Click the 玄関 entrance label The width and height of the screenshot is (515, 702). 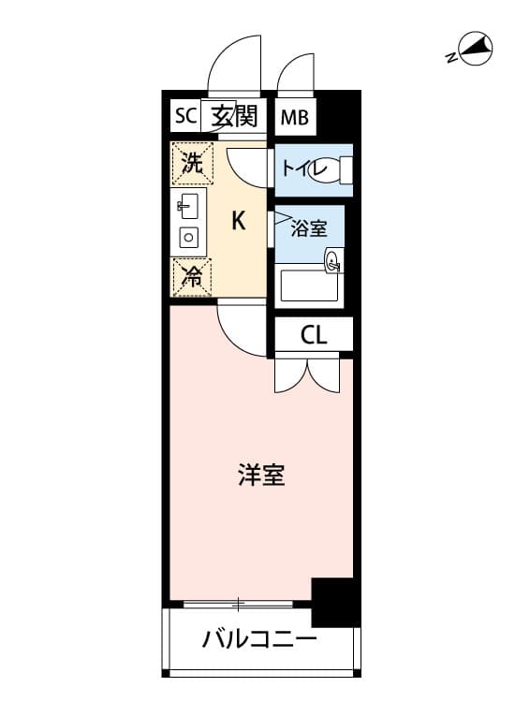coord(234,116)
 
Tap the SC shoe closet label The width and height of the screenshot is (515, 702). coord(185,116)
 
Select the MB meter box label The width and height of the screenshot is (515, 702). coord(295,118)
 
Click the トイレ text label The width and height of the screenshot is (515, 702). coord(304,169)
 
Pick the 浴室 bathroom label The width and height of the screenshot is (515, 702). coord(309,228)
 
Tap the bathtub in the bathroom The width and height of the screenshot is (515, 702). coord(309,286)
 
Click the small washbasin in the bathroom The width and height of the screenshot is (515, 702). coord(334,260)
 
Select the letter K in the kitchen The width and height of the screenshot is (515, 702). coord(238,221)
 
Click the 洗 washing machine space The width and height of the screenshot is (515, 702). coord(193,164)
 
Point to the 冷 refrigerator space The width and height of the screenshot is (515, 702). coord(192,277)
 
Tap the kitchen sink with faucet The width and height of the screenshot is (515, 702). coord(188,207)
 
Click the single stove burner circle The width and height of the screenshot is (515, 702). coord(189,238)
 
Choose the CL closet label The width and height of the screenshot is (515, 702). coord(314,334)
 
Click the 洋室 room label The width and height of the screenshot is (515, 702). coord(261,475)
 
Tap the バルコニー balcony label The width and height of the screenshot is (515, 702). coord(259,640)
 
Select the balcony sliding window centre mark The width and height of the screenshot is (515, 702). coord(238,604)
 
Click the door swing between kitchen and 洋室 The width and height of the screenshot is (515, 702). coord(243,330)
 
